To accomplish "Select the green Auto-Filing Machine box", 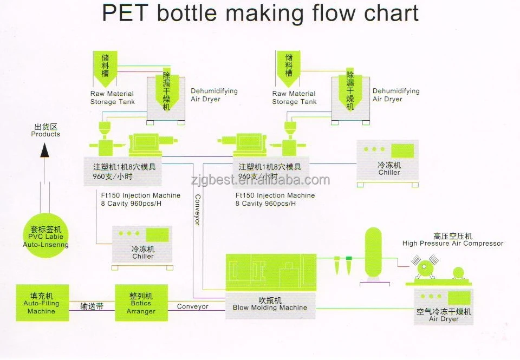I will pyautogui.click(x=42, y=303).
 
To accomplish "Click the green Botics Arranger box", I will pyautogui.click(x=141, y=303).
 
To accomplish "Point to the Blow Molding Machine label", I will pyautogui.click(x=270, y=307).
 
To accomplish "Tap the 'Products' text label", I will pyautogui.click(x=45, y=134).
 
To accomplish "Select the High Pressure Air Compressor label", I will pyautogui.click(x=453, y=244).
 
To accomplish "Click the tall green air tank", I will pyautogui.click(x=373, y=252).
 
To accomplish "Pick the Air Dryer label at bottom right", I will pyautogui.click(x=444, y=319).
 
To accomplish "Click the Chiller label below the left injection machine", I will pyautogui.click(x=143, y=256).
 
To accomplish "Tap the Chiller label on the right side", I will pyautogui.click(x=389, y=172).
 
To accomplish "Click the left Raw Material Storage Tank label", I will pyautogui.click(x=112, y=97).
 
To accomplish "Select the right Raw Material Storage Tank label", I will pyautogui.click(x=294, y=97).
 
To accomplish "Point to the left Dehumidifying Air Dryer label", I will pyautogui.click(x=214, y=95).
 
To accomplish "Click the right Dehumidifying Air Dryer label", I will pyautogui.click(x=396, y=95).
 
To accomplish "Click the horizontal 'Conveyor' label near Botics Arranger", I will pyautogui.click(x=193, y=306).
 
